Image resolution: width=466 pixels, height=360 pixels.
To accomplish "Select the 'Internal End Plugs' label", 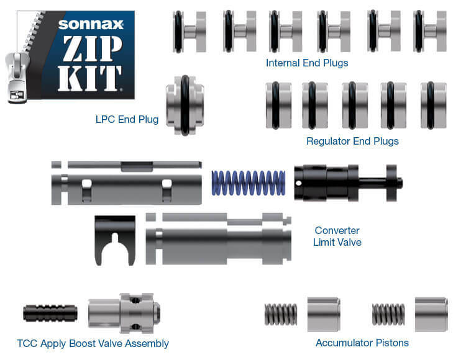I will point(307,63).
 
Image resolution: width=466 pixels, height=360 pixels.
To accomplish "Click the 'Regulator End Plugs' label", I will point(352,141).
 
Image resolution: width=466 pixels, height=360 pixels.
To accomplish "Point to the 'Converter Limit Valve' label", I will point(337,236).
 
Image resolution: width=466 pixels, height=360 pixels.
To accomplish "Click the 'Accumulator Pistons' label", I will point(362,343).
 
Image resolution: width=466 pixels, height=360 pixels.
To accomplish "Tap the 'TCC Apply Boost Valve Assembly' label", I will point(93,343).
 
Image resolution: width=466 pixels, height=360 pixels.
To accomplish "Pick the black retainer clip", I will point(114,238).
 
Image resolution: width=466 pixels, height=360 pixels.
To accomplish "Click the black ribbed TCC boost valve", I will point(51,312).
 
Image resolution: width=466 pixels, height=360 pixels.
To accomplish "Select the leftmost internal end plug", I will point(190,31).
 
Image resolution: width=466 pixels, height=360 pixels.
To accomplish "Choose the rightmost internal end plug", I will point(429,31).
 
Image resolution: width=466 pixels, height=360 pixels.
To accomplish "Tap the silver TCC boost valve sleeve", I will point(124,312).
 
